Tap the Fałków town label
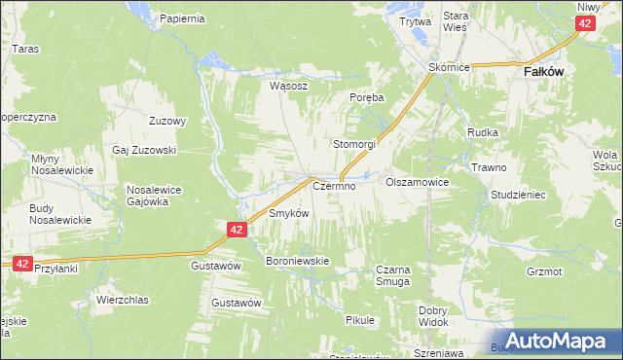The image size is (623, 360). point(546,72)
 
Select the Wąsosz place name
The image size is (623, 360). point(289,86)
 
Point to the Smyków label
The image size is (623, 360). point(288,213)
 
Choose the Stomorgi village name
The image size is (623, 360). point(355,144)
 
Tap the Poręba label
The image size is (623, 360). point(367,98)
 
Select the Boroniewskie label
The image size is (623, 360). point(299,261)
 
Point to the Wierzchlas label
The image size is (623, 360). point(122,300)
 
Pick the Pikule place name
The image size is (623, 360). point(360,319)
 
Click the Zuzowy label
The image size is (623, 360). point(167,122)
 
